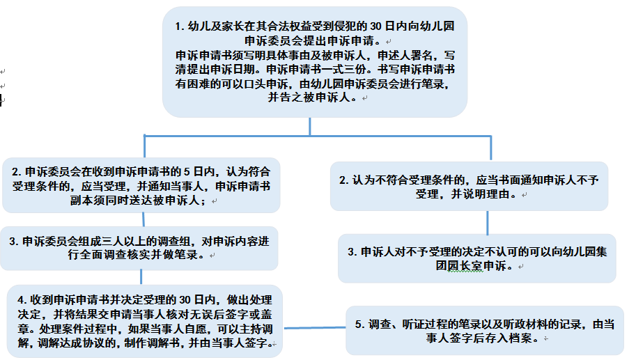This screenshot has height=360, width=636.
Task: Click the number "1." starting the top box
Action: pyautogui.click(x=180, y=26)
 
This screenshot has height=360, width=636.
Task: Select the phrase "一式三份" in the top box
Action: pyautogui.click(x=348, y=70)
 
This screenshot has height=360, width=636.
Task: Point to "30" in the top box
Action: pyautogui.click(x=375, y=26)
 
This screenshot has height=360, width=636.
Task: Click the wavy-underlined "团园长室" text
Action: pyautogui.click(x=460, y=266)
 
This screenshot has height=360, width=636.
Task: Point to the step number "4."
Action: pyautogui.click(x=22, y=300)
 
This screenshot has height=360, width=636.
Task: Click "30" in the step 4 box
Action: pyautogui.click(x=185, y=300)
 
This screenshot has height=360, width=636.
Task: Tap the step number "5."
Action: pyautogui.click(x=359, y=324)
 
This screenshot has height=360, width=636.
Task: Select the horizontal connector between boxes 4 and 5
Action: pyautogui.click(x=314, y=328)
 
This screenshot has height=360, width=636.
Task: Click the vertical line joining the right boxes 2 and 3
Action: pyautogui.click(x=488, y=223)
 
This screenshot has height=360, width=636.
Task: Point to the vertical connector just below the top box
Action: pyautogui.click(x=310, y=127)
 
